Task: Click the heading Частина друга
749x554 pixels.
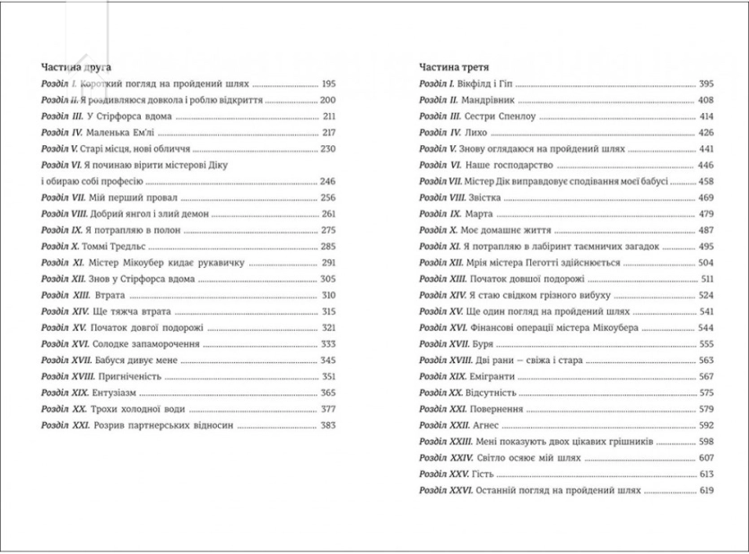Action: [83, 67]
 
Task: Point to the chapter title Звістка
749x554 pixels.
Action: [489, 197]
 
